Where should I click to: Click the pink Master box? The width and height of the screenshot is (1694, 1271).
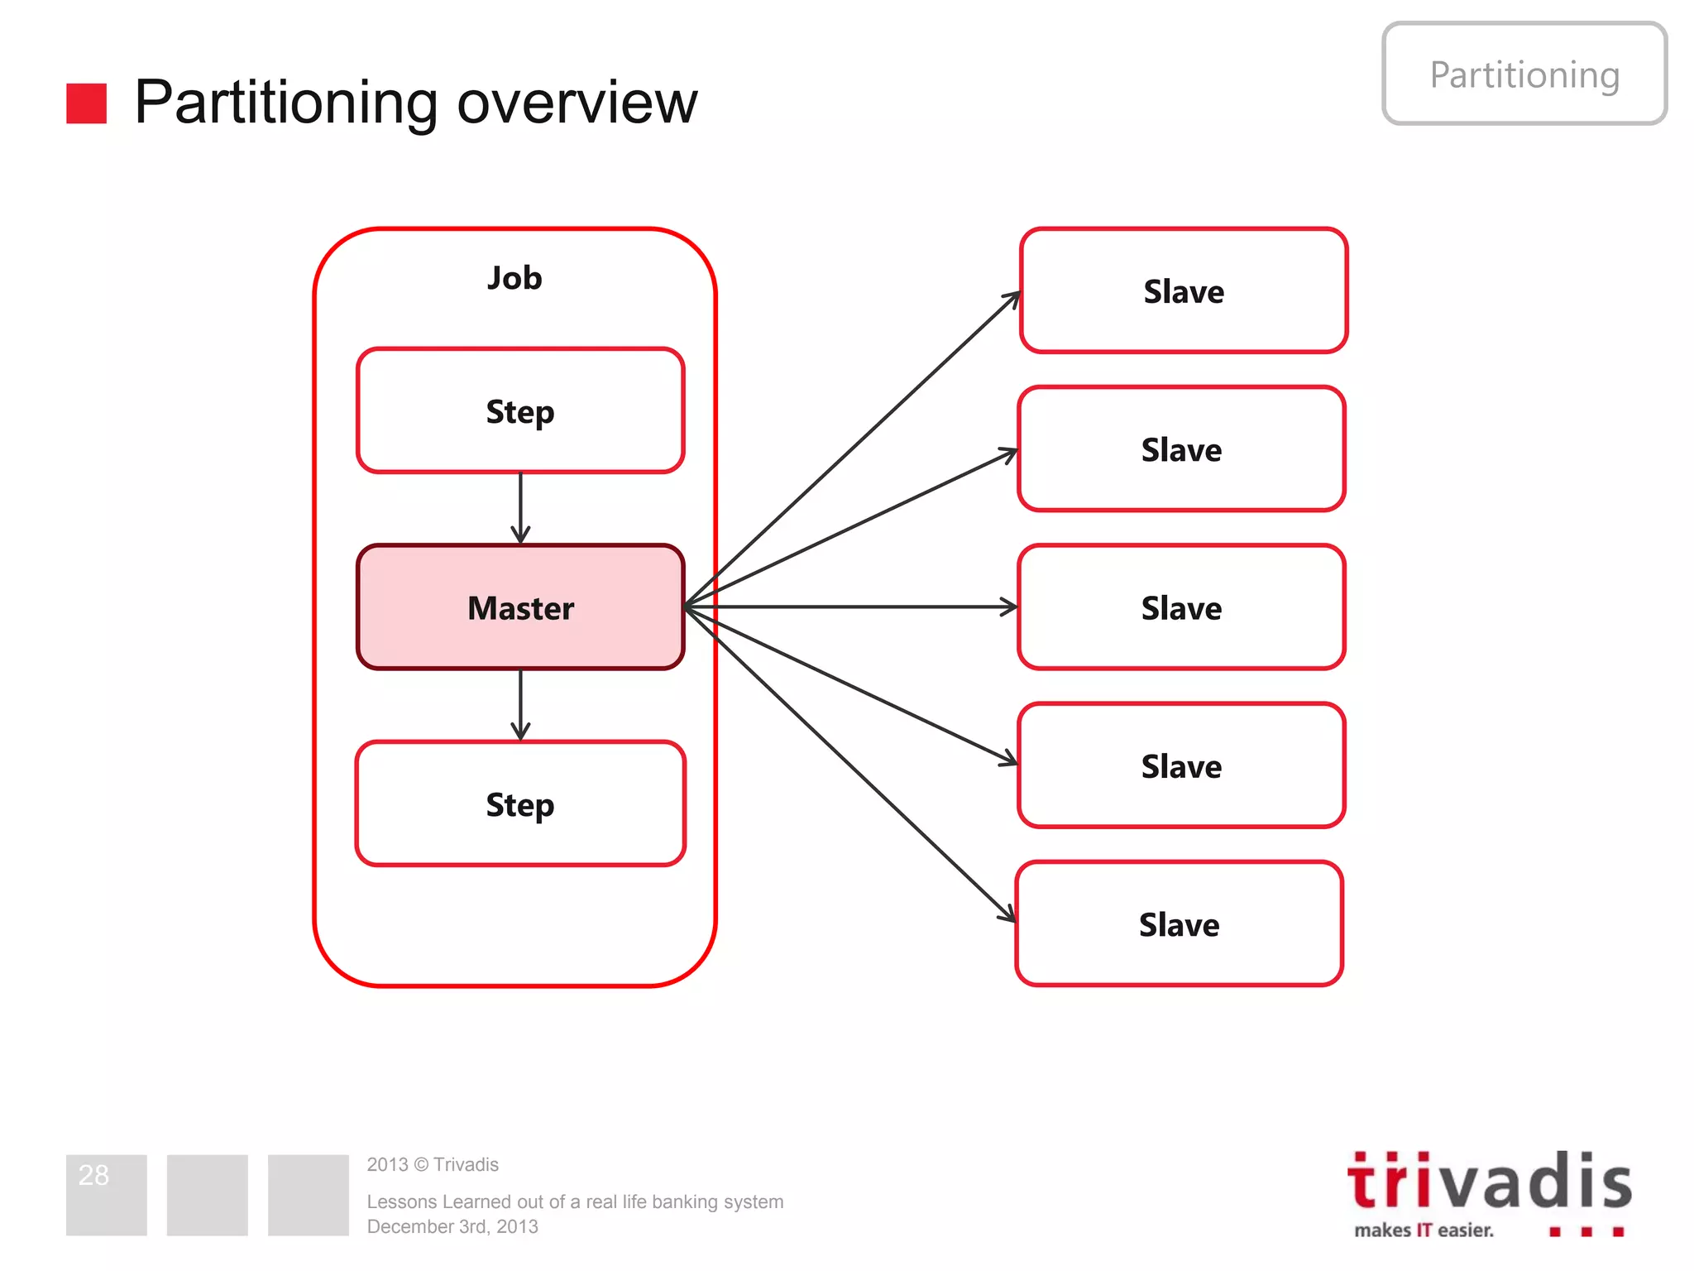520,607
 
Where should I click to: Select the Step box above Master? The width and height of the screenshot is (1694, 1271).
520,410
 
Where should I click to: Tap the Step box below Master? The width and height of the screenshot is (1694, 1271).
520,803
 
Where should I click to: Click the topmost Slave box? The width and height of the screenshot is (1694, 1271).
1184,290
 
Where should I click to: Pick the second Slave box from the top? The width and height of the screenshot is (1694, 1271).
1181,448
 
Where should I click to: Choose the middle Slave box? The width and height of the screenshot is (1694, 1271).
1181,607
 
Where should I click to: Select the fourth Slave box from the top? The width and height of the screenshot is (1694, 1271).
1181,765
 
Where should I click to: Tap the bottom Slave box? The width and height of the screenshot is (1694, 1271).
1179,923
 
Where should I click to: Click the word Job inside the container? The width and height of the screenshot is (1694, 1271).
514,278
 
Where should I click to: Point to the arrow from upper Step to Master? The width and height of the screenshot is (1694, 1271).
520,506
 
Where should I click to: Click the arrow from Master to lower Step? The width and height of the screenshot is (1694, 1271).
520,703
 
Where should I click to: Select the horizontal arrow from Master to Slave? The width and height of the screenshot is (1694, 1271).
852,607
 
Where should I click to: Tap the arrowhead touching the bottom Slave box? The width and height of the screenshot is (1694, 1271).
1007,914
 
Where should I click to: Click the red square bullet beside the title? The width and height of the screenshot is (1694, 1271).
86,103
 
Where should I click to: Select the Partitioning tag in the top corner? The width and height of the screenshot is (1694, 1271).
1524,74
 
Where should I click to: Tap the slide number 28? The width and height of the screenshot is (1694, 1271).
93,1175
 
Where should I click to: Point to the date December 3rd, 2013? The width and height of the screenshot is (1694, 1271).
452,1226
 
